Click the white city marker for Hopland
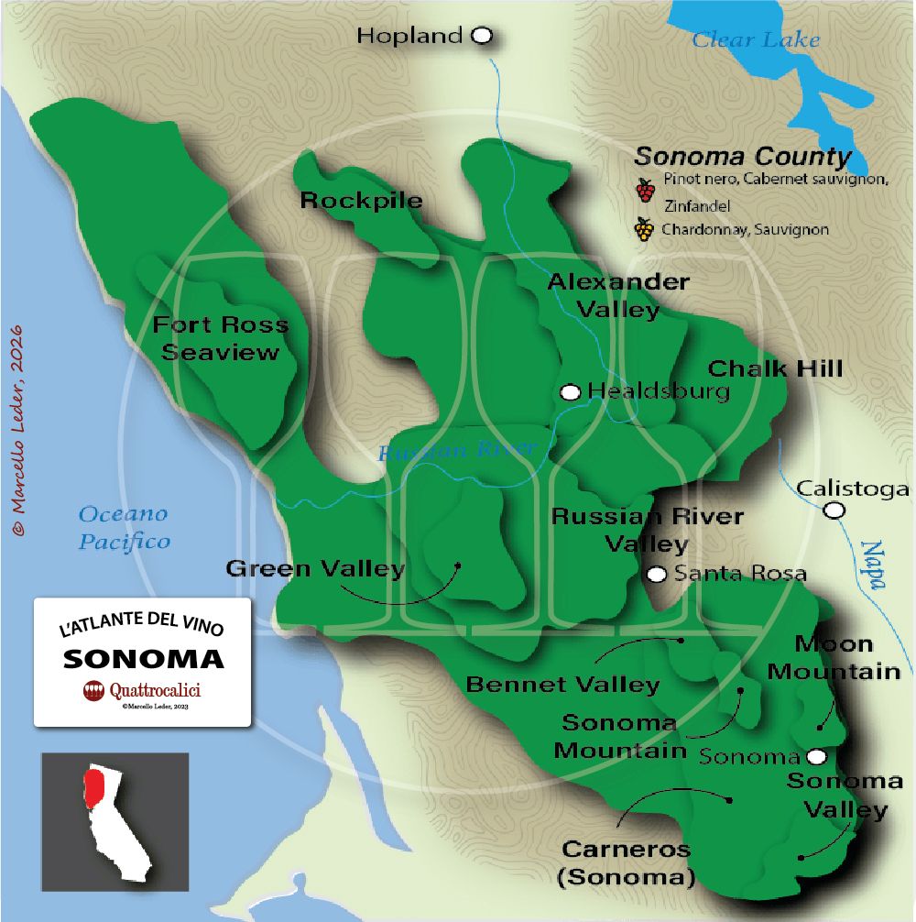482,36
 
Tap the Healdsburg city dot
571,392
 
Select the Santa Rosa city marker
656,575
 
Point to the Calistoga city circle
834,510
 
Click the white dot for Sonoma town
816,756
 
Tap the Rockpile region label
362,200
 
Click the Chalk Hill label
775,368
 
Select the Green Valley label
315,569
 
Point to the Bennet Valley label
562,685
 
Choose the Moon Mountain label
834,657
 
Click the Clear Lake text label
756,39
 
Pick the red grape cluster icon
646,190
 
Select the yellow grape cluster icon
646,229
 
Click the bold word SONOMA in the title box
143,659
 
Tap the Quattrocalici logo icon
93,691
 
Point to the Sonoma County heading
743,156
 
